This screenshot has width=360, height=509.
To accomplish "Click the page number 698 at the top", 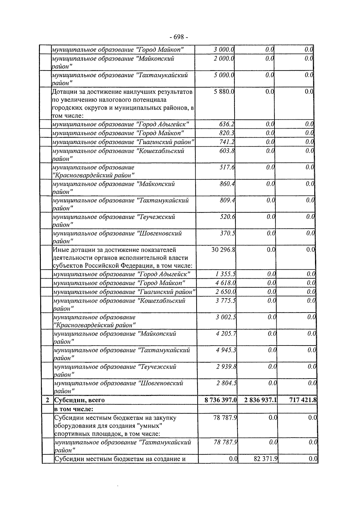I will point(179,37).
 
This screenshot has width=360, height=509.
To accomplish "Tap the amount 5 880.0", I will point(224,92).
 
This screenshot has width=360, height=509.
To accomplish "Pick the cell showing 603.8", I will point(227,151).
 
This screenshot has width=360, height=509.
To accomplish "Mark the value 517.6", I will point(227,167).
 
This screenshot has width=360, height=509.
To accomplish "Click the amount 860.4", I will point(227,184).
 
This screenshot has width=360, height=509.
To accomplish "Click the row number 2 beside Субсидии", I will point(47,400).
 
